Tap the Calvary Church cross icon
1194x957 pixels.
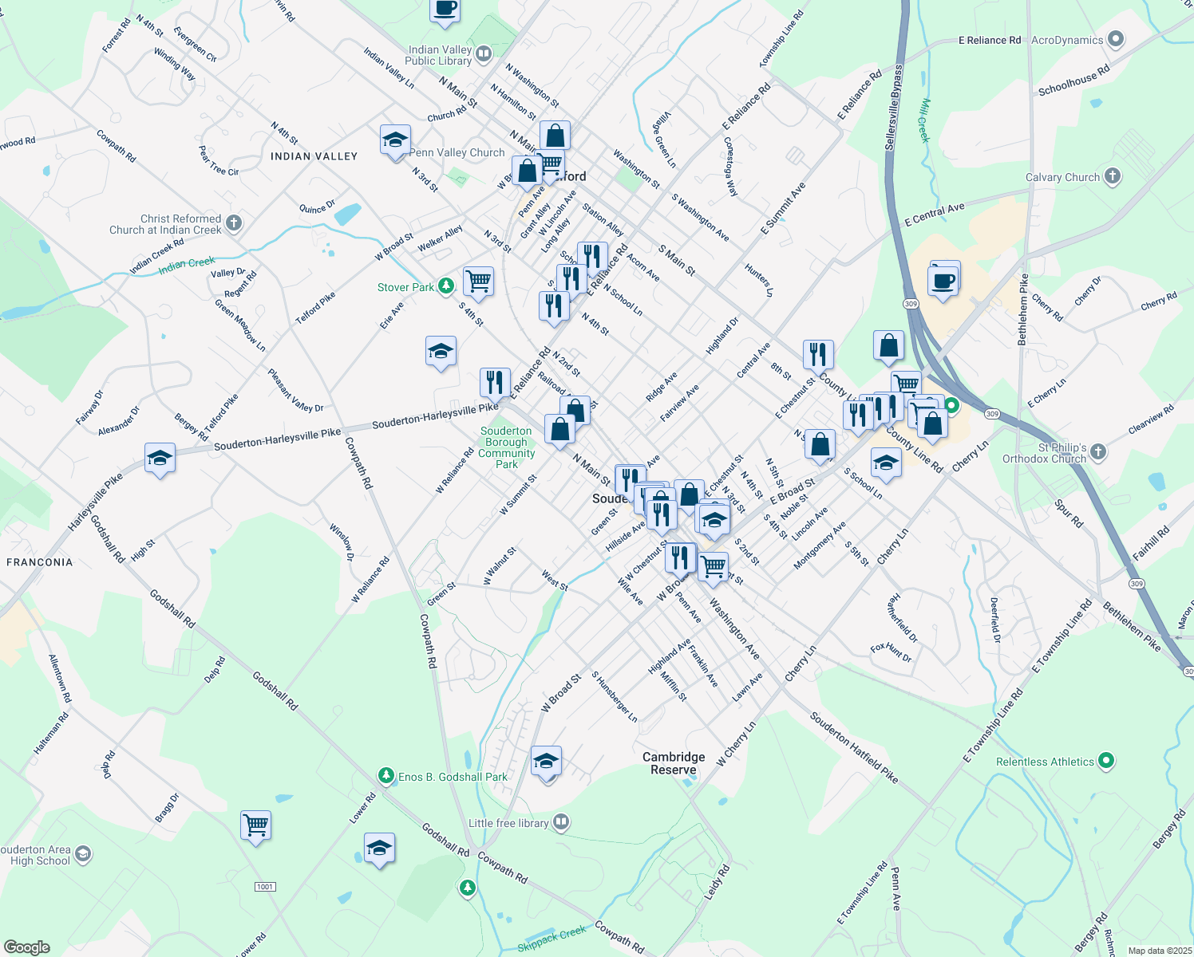click(1113, 177)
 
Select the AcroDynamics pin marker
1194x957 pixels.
click(1116, 39)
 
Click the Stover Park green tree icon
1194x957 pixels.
click(446, 286)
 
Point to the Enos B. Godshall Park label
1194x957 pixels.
click(453, 777)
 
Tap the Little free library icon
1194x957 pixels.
click(561, 822)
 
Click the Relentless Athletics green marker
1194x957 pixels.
click(1105, 761)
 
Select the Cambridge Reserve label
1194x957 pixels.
click(674, 763)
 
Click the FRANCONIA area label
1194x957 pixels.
click(40, 562)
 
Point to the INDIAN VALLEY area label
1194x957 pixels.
click(314, 156)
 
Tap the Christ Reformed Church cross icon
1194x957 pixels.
click(234, 223)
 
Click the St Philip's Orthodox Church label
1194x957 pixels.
click(1045, 453)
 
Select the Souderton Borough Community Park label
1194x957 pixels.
click(506, 447)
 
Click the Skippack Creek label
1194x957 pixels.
click(552, 939)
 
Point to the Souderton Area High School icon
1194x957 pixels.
click(82, 855)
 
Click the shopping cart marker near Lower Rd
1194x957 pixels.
click(255, 825)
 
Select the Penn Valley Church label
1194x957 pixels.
click(457, 152)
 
